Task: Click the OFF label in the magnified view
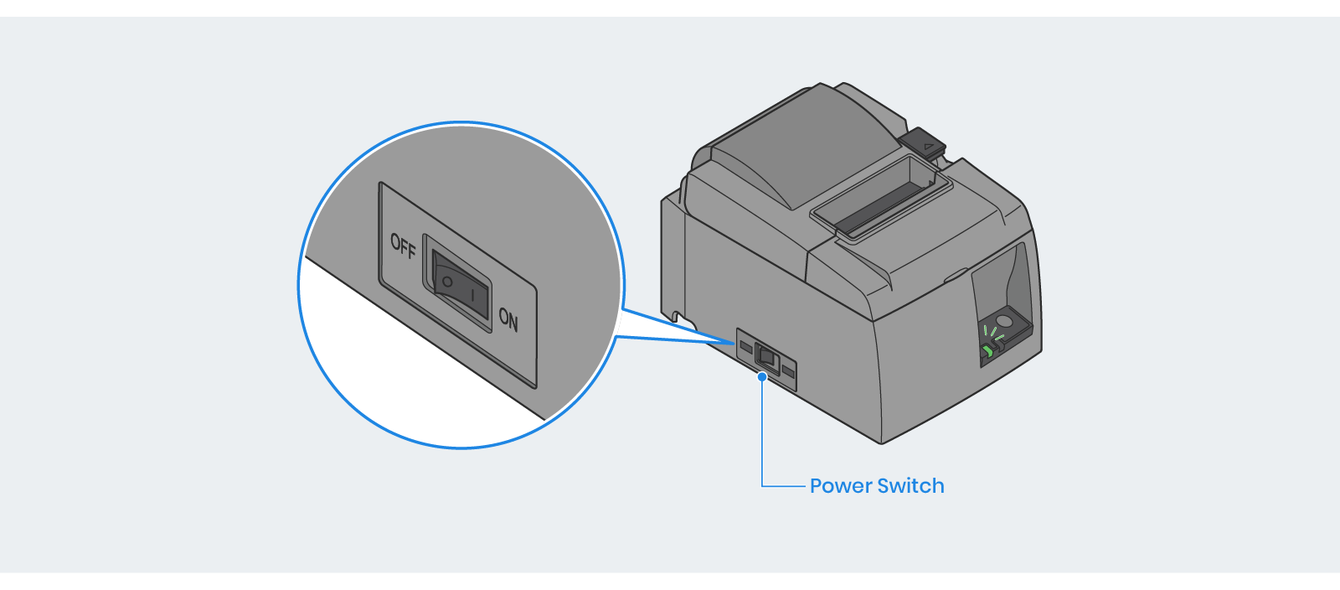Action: click(x=403, y=246)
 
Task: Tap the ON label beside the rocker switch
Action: click(x=508, y=319)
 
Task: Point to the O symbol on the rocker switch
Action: click(x=447, y=282)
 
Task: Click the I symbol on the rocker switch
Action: click(x=473, y=296)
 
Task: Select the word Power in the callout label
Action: click(x=841, y=486)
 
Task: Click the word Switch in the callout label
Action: click(x=910, y=486)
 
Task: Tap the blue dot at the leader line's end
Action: click(x=762, y=377)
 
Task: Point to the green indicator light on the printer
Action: click(x=988, y=349)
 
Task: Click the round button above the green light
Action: click(x=1003, y=319)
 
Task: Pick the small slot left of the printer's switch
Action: click(x=745, y=344)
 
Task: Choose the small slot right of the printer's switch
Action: click(x=788, y=369)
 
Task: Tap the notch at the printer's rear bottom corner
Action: click(x=677, y=317)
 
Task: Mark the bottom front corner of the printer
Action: click(x=881, y=442)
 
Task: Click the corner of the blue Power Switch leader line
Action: click(x=762, y=485)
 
